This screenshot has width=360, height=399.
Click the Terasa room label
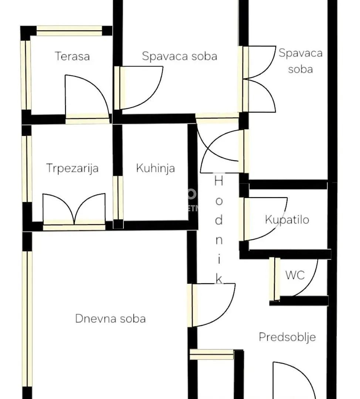pos(72,57)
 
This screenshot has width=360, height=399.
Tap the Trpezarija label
pos(72,168)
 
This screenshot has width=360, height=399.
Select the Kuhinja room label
pos(155,168)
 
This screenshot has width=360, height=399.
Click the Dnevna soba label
pos(110,318)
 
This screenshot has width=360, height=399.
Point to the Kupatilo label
pos(287,219)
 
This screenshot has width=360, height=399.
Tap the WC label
pos(295,275)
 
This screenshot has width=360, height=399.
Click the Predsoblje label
pos(287,337)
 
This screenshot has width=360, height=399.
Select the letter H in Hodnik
pos(219,181)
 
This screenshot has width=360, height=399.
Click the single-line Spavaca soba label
pos(179,56)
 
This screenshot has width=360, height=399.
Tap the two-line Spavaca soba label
pos(300,61)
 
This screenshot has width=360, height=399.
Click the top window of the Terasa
pos(69,31)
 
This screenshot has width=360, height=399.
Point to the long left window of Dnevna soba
pos(27,318)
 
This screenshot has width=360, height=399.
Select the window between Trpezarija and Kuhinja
pos(118,198)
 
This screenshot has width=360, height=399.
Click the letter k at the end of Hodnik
pos(219,280)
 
